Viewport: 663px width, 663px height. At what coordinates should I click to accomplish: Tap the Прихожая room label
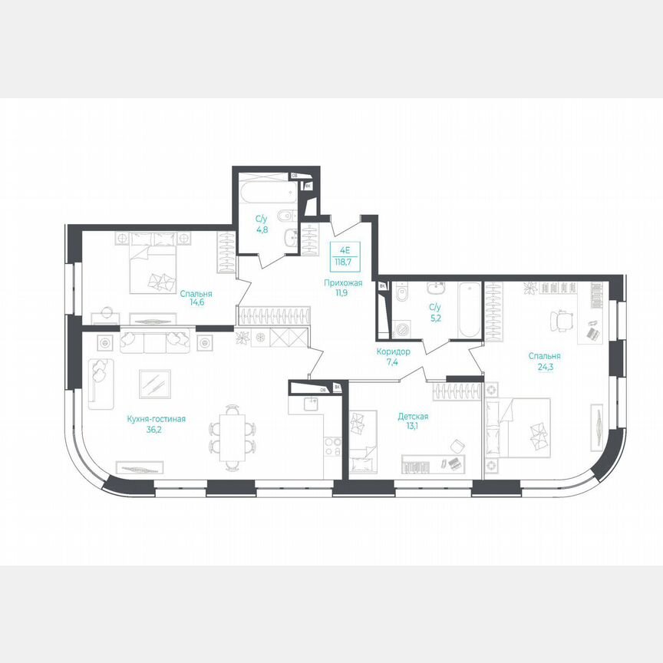pyautogui.click(x=343, y=283)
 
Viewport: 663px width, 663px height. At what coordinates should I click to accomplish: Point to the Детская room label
pyautogui.click(x=413, y=417)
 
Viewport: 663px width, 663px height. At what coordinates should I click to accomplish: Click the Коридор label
pyautogui.click(x=393, y=351)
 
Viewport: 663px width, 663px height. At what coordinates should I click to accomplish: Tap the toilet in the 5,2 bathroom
pyautogui.click(x=401, y=295)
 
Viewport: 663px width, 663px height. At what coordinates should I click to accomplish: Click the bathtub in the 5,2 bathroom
pyautogui.click(x=467, y=310)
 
